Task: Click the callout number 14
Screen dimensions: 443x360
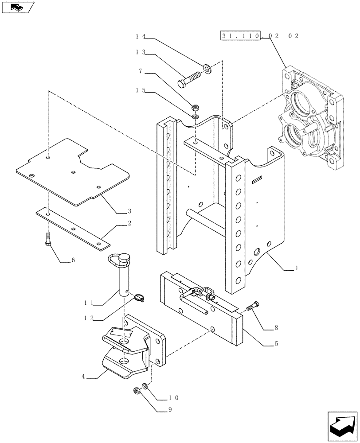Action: [x=141, y=37]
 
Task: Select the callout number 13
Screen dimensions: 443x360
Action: [x=141, y=52]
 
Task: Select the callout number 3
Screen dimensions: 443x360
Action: [x=129, y=210]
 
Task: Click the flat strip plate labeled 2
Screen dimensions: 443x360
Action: [x=73, y=226]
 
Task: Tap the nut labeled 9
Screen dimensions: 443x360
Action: [x=136, y=391]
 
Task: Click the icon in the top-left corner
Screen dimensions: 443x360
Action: [x=18, y=8]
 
